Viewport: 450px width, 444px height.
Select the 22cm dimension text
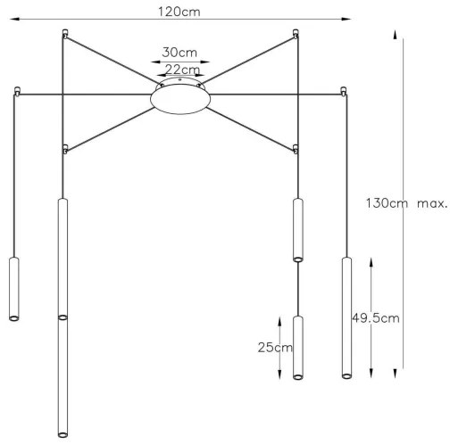pyautogui.click(x=179, y=70)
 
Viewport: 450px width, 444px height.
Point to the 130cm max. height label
pyautogui.click(x=405, y=202)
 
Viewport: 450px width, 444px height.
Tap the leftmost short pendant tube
pyautogui.click(x=13, y=288)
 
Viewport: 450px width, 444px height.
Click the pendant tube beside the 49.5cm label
pyautogui.click(x=344, y=317)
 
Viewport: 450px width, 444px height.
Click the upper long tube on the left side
pyautogui.click(x=62, y=258)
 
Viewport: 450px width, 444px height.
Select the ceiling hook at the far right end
pyautogui.click(x=344, y=90)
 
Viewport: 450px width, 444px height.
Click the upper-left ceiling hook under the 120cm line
pyautogui.click(x=63, y=35)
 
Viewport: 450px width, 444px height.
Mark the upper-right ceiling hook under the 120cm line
pyautogui.click(x=296, y=35)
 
